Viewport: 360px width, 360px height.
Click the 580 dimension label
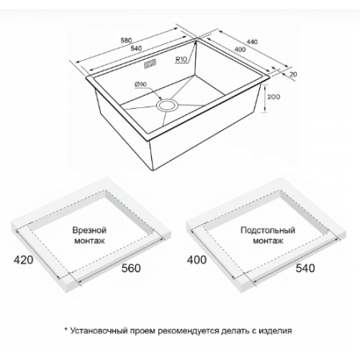coord(126,41)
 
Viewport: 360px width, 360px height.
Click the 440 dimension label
coord(252,42)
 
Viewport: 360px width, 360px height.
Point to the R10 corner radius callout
coord(181,59)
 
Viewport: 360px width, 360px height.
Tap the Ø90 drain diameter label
coord(141,84)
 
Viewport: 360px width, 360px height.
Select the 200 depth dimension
coord(274,97)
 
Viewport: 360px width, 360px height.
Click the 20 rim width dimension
coord(293,74)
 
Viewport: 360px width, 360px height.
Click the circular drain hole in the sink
coord(167,105)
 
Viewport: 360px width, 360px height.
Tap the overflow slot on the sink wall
coord(150,64)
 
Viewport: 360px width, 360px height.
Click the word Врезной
coord(90,230)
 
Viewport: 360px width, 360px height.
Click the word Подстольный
coord(268,230)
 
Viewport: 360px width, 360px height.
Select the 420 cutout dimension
coord(23,260)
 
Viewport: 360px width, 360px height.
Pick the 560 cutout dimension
coord(131,268)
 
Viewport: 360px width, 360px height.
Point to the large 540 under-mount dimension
coord(306,268)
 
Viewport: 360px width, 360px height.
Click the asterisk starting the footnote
coord(66,330)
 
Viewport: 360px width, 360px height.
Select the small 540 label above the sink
coord(136,48)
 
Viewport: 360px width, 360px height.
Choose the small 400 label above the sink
coord(240,50)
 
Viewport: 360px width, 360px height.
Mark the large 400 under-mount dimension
coord(197,260)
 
